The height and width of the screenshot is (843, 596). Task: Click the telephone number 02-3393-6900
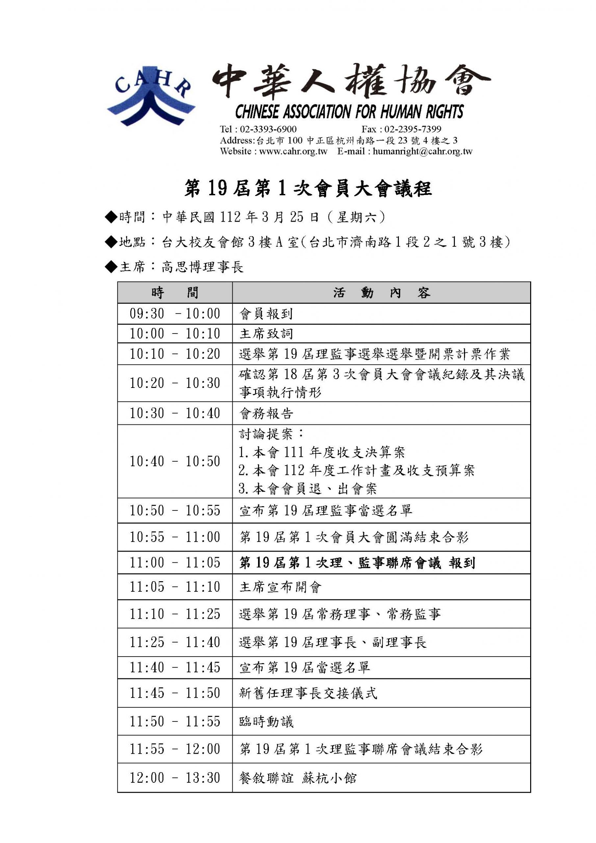268,129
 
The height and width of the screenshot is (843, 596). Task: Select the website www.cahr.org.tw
293,151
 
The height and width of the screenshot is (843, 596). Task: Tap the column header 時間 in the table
175,293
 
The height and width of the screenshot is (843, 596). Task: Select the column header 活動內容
381,293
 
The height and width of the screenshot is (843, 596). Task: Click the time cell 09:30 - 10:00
175,313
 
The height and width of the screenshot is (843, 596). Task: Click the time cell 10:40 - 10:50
175,462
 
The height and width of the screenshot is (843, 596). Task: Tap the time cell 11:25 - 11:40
175,642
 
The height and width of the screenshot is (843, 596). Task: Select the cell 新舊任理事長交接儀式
308,693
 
